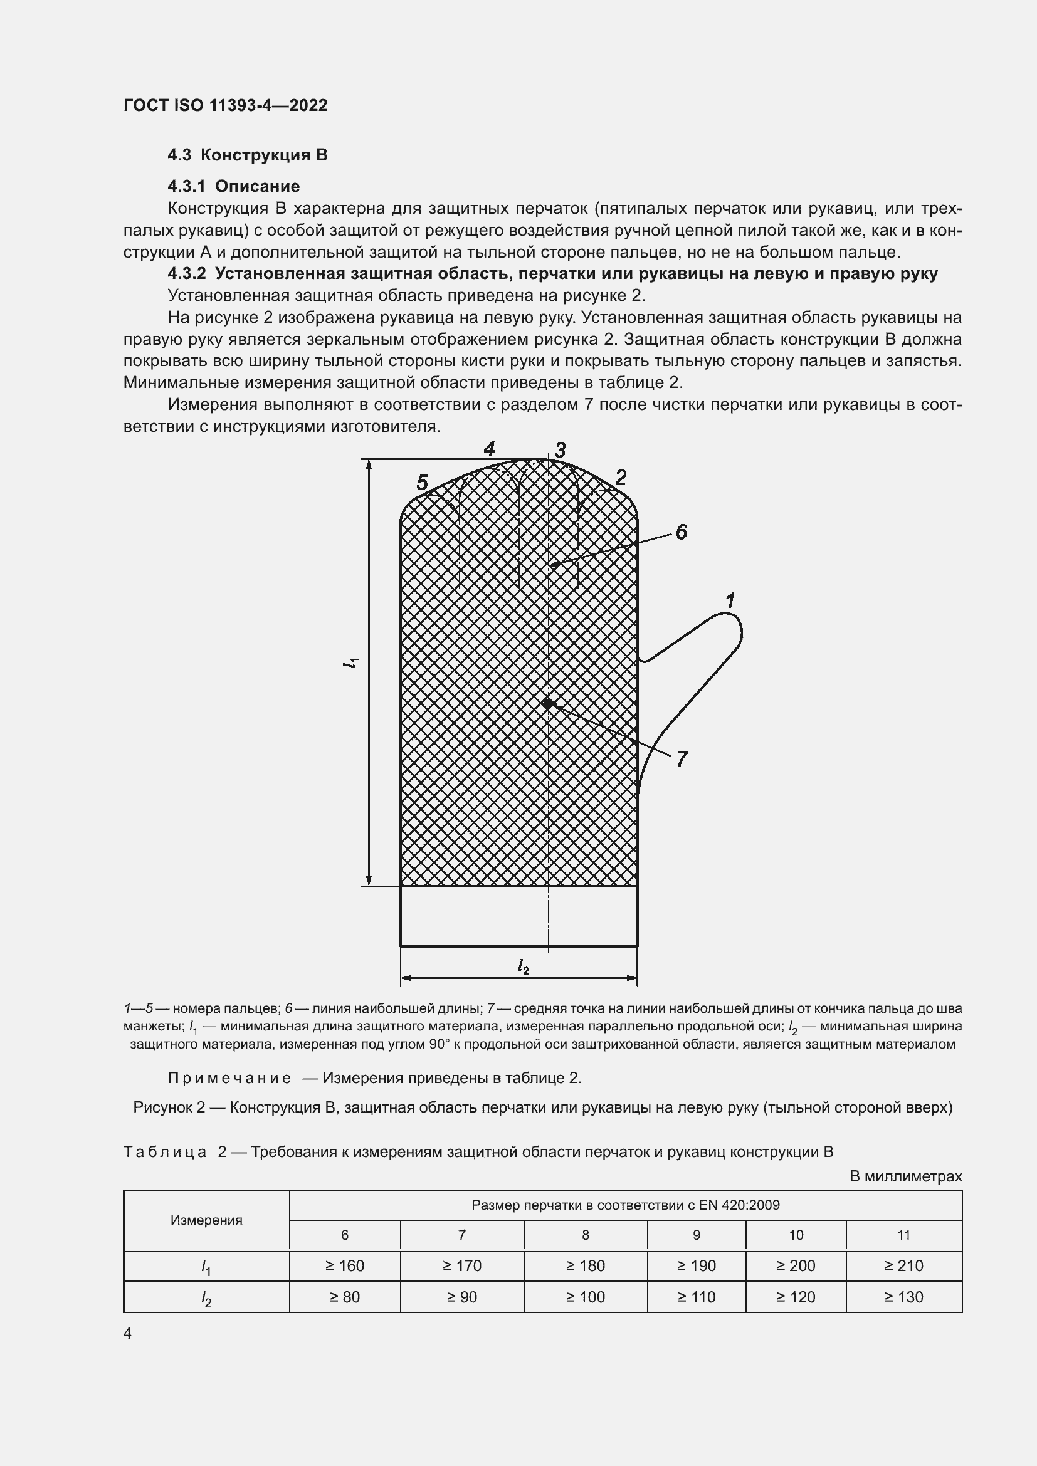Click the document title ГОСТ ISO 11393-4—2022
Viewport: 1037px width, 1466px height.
[x=225, y=105]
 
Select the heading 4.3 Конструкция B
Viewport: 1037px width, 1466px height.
[x=247, y=155]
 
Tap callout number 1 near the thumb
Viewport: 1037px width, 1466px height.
[x=730, y=600]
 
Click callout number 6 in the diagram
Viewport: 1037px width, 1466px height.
[x=681, y=532]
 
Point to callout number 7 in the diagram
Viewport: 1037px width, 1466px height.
[x=682, y=759]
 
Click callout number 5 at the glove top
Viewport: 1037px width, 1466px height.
[x=422, y=483]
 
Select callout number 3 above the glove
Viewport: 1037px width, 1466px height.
[x=560, y=449]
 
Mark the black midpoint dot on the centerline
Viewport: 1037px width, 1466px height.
[x=548, y=703]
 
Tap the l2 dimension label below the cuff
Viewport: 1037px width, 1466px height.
[x=523, y=966]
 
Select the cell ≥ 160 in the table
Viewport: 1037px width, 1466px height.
[x=345, y=1265]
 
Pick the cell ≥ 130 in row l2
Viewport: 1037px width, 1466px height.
[x=903, y=1297]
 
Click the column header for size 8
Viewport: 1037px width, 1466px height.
[x=585, y=1235]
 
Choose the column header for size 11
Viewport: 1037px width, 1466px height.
[x=903, y=1235]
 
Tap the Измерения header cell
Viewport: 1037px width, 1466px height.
[x=206, y=1220]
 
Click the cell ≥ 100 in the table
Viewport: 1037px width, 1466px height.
[x=585, y=1297]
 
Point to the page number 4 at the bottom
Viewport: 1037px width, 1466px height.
[x=128, y=1334]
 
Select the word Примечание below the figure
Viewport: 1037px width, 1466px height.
[x=229, y=1079]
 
